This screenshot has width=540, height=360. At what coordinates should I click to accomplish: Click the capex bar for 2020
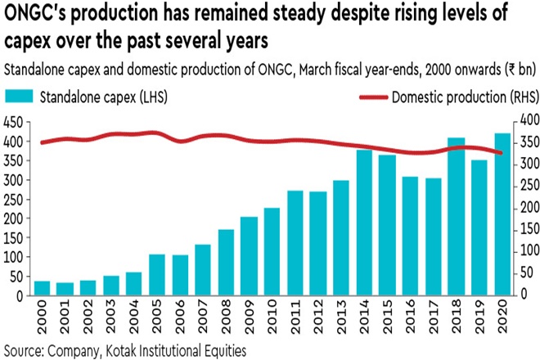(503, 214)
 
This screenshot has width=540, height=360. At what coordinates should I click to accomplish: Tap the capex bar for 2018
(457, 216)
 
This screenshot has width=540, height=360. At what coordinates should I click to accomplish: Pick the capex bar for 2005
(157, 274)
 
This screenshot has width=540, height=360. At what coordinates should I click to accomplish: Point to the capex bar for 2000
(41, 287)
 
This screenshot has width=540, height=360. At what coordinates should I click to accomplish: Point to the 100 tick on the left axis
(11, 256)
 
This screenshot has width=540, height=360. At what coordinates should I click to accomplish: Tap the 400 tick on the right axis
(527, 121)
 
